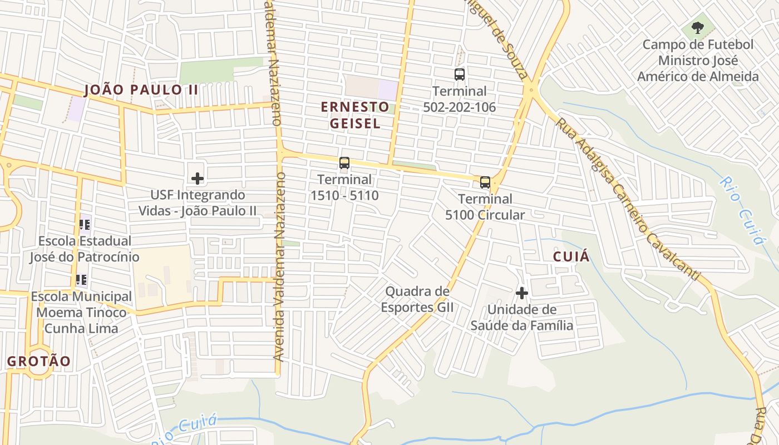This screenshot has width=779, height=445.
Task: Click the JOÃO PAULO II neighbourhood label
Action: pyautogui.click(x=141, y=90)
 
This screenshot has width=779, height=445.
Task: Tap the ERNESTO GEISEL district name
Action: pyautogui.click(x=355, y=115)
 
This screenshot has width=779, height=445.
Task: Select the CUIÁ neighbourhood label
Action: pyautogui.click(x=571, y=256)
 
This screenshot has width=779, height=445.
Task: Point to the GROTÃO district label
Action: pyautogui.click(x=39, y=361)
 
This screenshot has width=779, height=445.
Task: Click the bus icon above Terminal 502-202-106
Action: pyautogui.click(x=460, y=75)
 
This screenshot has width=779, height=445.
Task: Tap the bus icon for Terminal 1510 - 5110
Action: pyautogui.click(x=344, y=163)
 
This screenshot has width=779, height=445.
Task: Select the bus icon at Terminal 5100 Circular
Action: pyautogui.click(x=485, y=182)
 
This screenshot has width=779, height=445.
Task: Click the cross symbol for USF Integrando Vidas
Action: pyautogui.click(x=198, y=179)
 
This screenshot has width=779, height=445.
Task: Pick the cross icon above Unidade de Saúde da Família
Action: pyautogui.click(x=522, y=293)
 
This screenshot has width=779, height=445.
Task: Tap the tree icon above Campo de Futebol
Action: pyautogui.click(x=697, y=27)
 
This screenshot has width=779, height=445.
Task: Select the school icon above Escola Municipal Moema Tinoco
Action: pyautogui.click(x=81, y=280)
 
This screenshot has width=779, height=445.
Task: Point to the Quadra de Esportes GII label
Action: pyautogui.click(x=417, y=299)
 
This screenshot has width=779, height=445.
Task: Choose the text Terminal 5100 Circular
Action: pyautogui.click(x=485, y=206)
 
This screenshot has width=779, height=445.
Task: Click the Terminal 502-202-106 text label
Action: pyautogui.click(x=460, y=99)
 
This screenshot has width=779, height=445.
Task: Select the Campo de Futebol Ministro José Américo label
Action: pyautogui.click(x=698, y=61)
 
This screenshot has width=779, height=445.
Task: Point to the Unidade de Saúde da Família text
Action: pyautogui.click(x=522, y=317)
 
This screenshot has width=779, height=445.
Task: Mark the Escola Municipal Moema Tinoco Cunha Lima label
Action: pyautogui.click(x=81, y=312)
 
